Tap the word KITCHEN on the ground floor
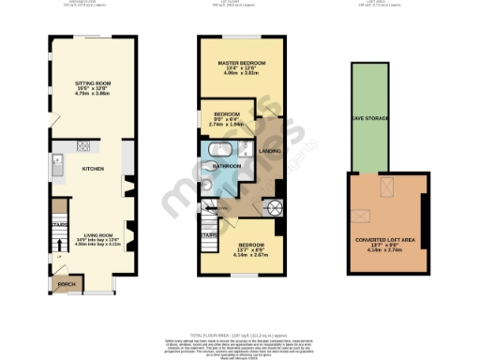tap(93, 169)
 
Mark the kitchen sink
tap(58, 170)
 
